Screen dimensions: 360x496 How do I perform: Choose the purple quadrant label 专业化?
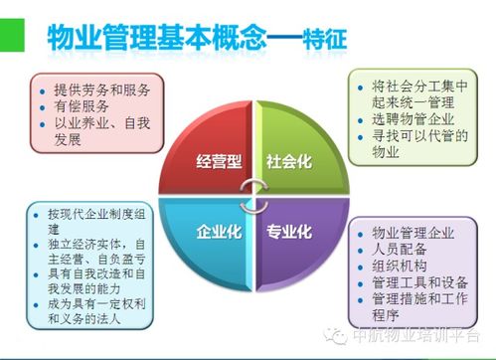pos(289,233)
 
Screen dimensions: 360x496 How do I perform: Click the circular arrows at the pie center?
pos(252,195)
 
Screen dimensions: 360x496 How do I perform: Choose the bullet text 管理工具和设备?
pos(416,285)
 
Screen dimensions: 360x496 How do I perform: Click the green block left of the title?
pos(12,35)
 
